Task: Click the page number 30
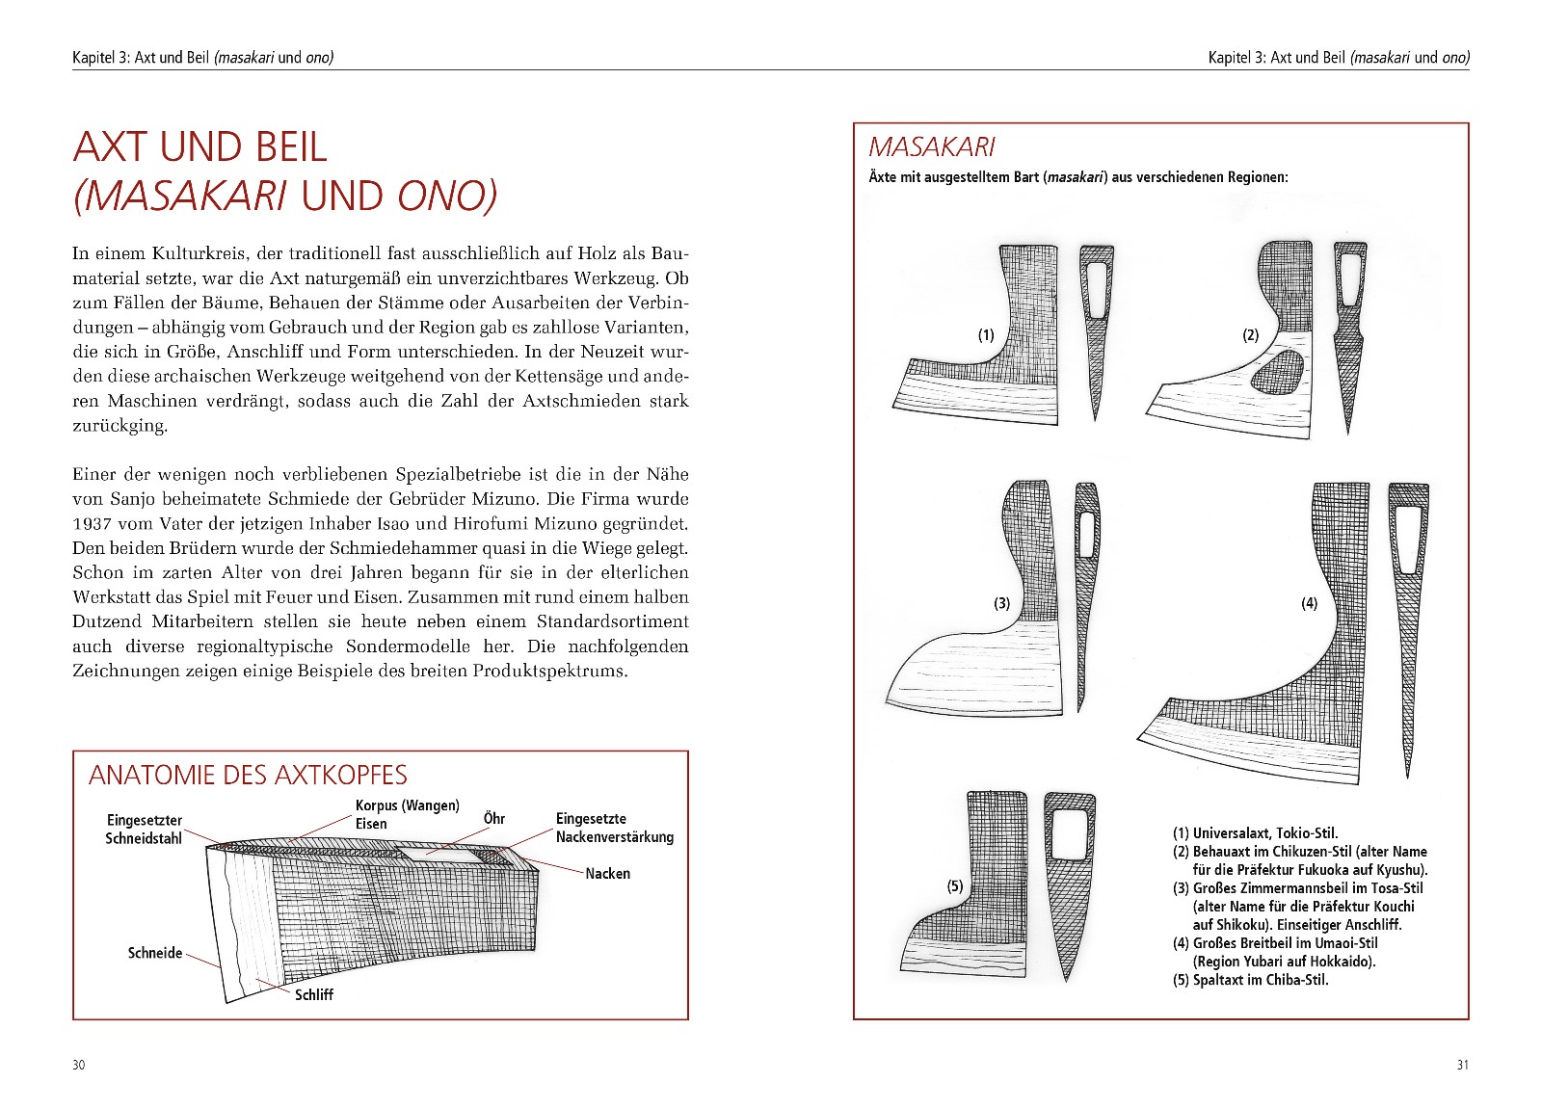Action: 79,1065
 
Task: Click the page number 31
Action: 1462,1065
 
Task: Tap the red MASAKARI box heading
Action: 931,147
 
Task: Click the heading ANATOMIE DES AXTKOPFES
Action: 248,776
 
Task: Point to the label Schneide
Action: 155,953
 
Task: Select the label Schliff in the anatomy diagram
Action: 314,994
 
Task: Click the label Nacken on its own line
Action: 607,874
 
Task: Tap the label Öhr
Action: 493,819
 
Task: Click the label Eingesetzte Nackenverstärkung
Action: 614,828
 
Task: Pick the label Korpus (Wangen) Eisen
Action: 407,814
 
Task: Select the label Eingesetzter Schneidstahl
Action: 144,829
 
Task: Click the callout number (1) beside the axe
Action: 986,335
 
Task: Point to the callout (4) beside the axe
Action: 1309,603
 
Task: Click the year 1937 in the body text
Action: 91,524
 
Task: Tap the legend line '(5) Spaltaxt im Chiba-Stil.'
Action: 1250,980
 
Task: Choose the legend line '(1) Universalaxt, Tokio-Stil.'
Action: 1255,832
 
